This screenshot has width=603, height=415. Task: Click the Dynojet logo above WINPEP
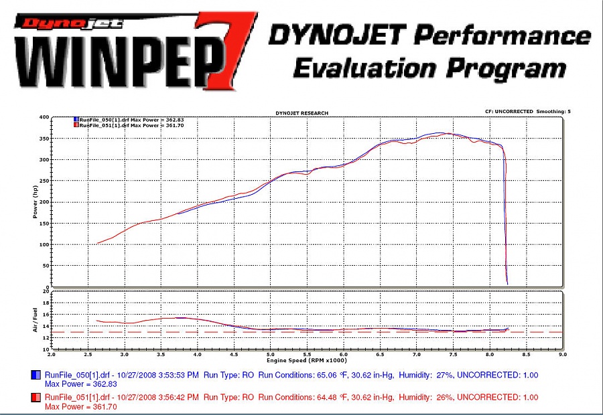point(69,23)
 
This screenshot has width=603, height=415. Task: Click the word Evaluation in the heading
point(365,69)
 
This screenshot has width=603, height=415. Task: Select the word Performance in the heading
point(503,35)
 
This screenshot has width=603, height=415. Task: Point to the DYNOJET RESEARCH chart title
point(302,113)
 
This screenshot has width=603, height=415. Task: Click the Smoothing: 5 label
point(554,111)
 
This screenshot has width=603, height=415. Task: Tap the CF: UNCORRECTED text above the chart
point(509,111)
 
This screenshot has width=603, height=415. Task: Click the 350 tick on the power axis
point(44,139)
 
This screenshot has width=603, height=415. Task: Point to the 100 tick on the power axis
point(44,244)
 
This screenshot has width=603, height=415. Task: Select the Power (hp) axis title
point(35,201)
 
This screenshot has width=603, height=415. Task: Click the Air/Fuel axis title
point(35,320)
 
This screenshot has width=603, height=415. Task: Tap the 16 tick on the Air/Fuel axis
point(46,315)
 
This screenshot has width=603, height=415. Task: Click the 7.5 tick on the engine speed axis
point(453,354)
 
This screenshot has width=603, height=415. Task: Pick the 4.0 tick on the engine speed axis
point(197,354)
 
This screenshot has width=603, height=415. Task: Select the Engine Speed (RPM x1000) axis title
point(307,360)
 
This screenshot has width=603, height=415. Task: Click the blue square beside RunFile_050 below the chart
point(36,375)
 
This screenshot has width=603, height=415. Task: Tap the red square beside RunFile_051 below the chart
point(36,398)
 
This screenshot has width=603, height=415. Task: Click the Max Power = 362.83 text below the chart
point(81,384)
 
